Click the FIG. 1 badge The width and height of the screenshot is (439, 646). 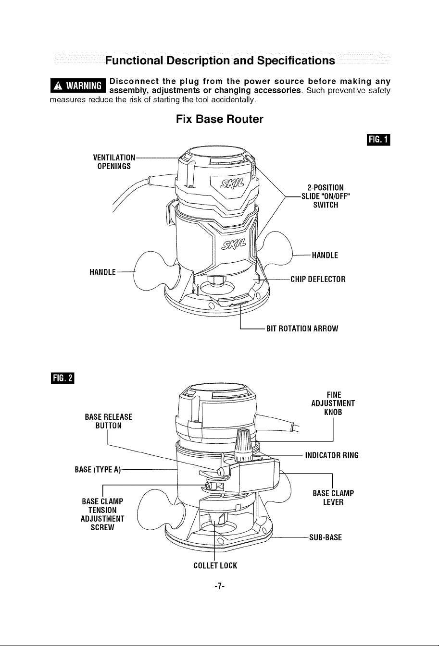click(x=378, y=140)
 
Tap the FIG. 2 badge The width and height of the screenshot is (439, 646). click(x=63, y=378)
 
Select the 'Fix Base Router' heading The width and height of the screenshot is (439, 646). click(x=220, y=119)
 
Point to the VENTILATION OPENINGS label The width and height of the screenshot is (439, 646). click(x=114, y=162)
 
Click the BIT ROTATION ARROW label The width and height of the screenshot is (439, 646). click(x=302, y=329)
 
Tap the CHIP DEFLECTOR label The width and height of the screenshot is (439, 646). click(x=318, y=279)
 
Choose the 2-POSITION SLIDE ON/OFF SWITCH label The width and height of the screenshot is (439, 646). click(x=326, y=196)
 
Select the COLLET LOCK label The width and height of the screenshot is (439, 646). click(x=215, y=565)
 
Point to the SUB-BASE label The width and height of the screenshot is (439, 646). click(x=326, y=537)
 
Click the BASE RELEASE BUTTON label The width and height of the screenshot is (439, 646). click(x=108, y=421)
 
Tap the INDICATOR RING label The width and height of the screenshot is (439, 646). click(x=332, y=455)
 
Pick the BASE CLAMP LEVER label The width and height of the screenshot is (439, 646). click(x=333, y=498)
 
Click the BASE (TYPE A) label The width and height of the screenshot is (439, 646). click(x=98, y=470)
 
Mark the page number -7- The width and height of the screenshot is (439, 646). click(x=219, y=586)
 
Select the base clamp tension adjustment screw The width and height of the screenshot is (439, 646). click(x=208, y=486)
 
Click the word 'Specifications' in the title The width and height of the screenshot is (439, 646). click(x=296, y=61)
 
